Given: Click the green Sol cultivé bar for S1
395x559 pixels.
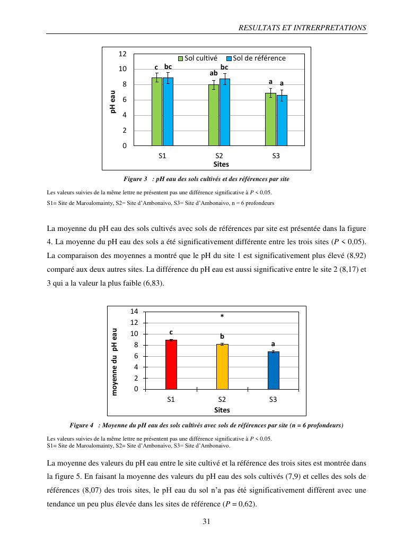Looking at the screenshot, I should click(x=157, y=111).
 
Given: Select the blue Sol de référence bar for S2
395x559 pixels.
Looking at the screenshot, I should click(x=225, y=112).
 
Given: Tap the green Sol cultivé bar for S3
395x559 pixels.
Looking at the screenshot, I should click(x=270, y=119).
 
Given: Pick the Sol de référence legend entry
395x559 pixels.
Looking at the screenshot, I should click(x=256, y=58).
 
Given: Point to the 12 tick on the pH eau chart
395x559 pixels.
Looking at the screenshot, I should click(x=122, y=54).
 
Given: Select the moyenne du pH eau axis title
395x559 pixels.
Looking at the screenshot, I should click(x=114, y=361).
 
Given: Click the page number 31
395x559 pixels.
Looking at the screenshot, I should click(x=207, y=521).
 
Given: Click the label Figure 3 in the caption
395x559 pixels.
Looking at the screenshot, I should click(x=135, y=179).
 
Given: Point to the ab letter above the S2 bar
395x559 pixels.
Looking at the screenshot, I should click(x=214, y=73).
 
